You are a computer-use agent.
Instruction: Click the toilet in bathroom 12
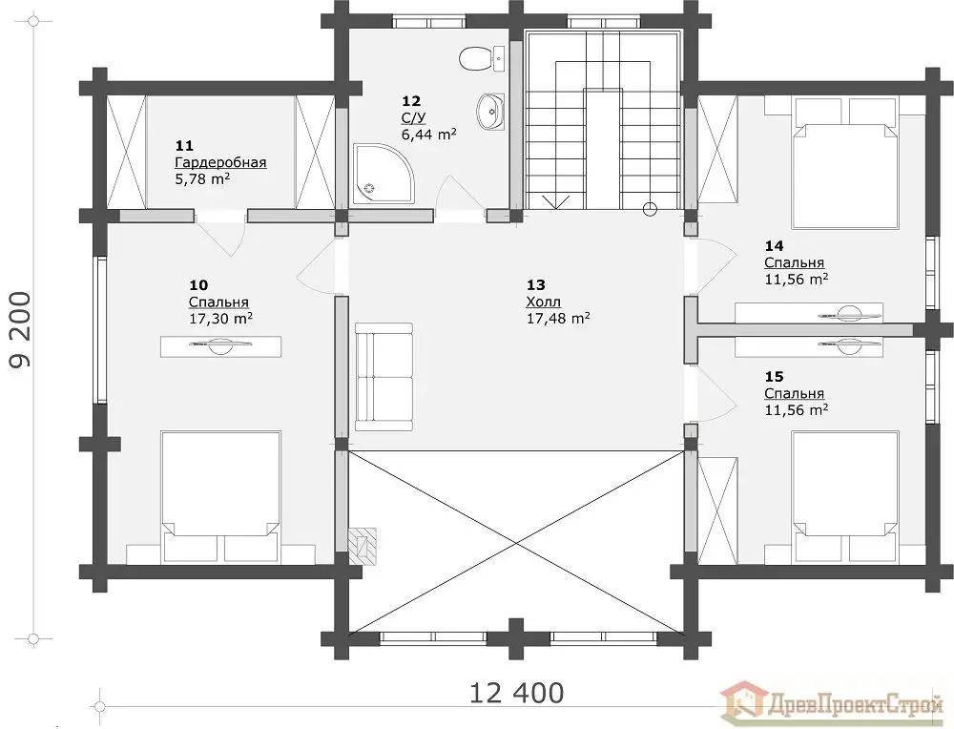pyautogui.click(x=482, y=59)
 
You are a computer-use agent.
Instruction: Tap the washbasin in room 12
pyautogui.click(x=491, y=112)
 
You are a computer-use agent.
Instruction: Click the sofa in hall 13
pyautogui.click(x=384, y=377)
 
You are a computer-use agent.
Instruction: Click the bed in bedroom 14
pyautogui.click(x=845, y=163)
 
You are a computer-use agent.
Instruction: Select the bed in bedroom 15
pyautogui.click(x=845, y=496)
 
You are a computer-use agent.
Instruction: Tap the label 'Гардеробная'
pyautogui.click(x=221, y=163)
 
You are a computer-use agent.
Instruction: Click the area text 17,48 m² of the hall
pyautogui.click(x=558, y=318)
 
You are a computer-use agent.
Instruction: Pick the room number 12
pyautogui.click(x=410, y=101)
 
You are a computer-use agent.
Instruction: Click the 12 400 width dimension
pyautogui.click(x=517, y=693)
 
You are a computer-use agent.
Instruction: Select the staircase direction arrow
pyautogui.click(x=558, y=201)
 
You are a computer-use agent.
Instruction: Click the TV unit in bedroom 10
pyautogui.click(x=221, y=346)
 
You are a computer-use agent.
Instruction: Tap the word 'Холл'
pyautogui.click(x=544, y=302)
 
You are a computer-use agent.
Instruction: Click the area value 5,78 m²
pyautogui.click(x=202, y=178)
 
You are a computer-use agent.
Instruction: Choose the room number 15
pyautogui.click(x=774, y=377)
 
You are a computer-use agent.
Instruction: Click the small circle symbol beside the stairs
pyautogui.click(x=651, y=210)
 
